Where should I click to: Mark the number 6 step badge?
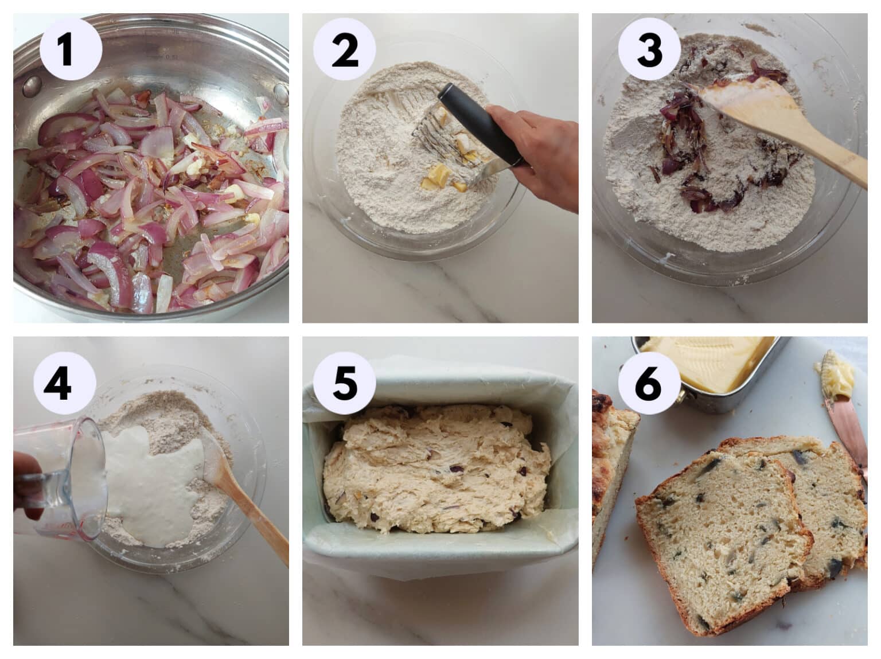pos(648,383)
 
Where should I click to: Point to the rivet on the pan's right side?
pos(280,92)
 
